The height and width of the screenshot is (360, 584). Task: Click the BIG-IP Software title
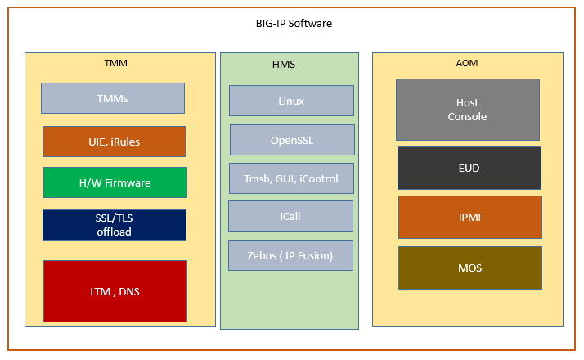tap(294, 24)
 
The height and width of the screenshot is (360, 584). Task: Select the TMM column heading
tap(116, 63)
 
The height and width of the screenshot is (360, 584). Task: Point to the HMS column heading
tap(284, 65)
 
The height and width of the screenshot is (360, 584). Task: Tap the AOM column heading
tap(467, 63)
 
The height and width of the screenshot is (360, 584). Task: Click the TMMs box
tap(113, 98)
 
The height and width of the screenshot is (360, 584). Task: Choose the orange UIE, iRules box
tap(115, 142)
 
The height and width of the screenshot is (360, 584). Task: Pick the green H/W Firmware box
tap(115, 182)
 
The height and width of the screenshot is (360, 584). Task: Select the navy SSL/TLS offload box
tap(115, 225)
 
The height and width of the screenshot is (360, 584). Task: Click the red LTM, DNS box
tap(115, 291)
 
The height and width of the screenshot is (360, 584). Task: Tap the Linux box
tap(291, 101)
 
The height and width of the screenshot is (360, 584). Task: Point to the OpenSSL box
tap(292, 140)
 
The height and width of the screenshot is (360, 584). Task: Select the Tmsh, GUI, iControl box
tap(291, 178)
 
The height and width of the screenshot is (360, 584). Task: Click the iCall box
tap(290, 216)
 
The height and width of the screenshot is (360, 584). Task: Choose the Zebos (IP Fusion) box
tap(290, 255)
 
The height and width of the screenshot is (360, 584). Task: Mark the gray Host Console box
tap(467, 110)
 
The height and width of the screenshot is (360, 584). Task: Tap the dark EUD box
tap(469, 168)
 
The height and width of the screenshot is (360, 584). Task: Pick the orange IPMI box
tap(470, 218)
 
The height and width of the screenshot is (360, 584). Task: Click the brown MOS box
tap(470, 268)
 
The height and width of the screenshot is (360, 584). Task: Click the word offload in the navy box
tap(114, 232)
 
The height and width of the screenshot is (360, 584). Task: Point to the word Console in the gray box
tap(467, 117)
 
